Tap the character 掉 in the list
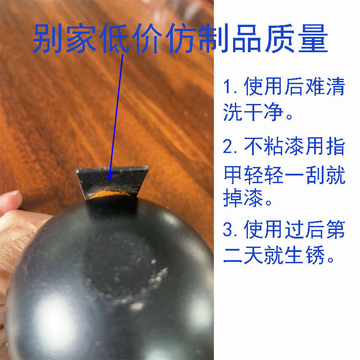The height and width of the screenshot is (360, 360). click(x=234, y=200)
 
